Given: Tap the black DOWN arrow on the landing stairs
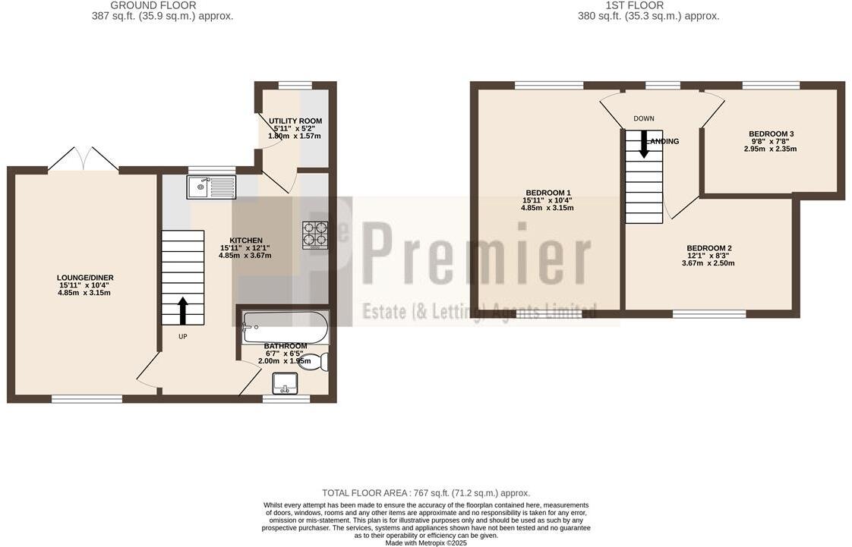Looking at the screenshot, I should (x=644, y=144).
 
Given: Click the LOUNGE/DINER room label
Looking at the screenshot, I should (x=84, y=278).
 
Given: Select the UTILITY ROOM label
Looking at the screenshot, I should (x=295, y=121).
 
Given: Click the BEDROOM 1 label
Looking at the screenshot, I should (x=547, y=193).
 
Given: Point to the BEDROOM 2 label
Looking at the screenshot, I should (x=708, y=248).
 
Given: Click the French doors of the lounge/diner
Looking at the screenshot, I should (x=84, y=159).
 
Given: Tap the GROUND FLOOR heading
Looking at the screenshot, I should (x=153, y=5).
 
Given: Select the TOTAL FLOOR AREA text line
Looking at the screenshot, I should (x=425, y=493).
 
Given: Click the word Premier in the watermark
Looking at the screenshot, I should (x=477, y=251).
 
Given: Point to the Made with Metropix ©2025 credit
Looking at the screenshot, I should (x=426, y=542).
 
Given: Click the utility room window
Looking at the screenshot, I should (x=295, y=85).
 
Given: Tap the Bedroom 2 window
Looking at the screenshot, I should (x=709, y=313).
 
